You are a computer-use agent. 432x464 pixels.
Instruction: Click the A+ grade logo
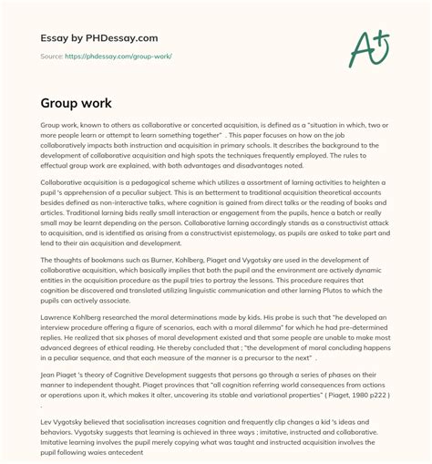click(371, 46)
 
